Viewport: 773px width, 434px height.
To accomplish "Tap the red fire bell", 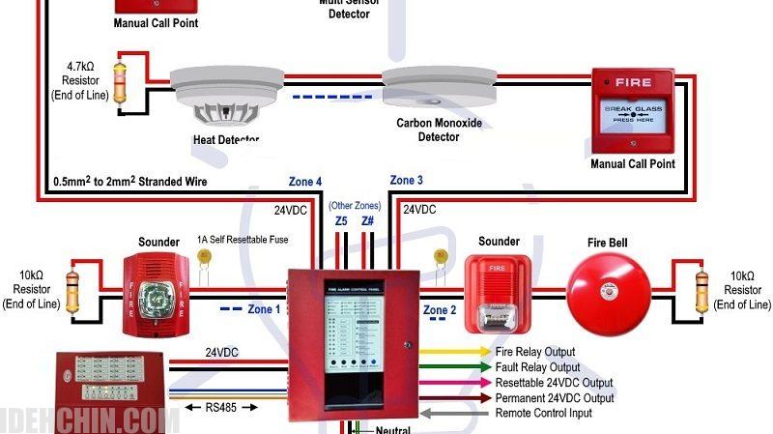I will pyautogui.click(x=608, y=290).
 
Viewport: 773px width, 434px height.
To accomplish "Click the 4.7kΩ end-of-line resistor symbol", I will pyautogui.click(x=120, y=83).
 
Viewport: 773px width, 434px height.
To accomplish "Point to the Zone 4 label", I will pyautogui.click(x=305, y=182).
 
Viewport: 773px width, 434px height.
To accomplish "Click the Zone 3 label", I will pyautogui.click(x=406, y=181).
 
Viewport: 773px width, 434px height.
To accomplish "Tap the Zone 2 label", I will pyautogui.click(x=440, y=309).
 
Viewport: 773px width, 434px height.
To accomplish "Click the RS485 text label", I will pyautogui.click(x=228, y=407).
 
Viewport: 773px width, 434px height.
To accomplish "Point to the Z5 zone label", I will pyautogui.click(x=341, y=221).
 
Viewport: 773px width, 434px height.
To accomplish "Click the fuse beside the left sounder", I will pyautogui.click(x=205, y=259).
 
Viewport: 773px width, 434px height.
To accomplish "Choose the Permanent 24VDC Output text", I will pyautogui.click(x=554, y=398).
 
